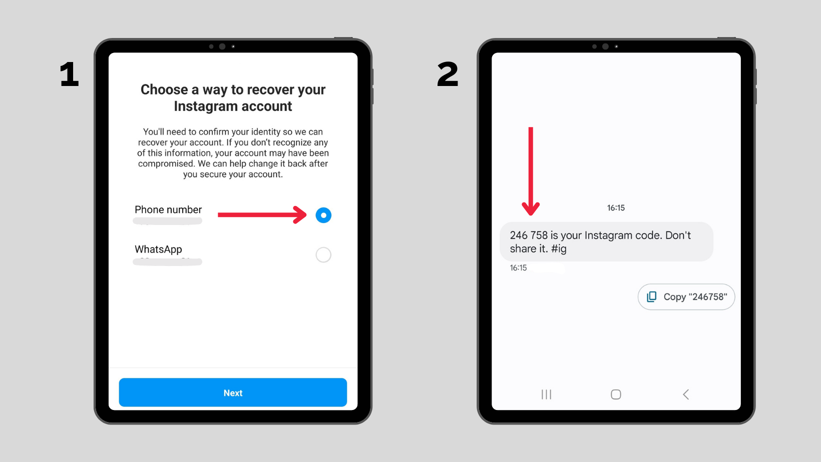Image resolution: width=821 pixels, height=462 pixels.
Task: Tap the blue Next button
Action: [x=233, y=392]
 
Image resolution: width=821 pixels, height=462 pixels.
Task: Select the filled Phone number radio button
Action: [x=323, y=215]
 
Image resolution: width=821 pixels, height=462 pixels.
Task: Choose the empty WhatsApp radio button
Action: [x=323, y=255]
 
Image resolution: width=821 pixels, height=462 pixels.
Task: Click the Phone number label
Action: [x=168, y=210]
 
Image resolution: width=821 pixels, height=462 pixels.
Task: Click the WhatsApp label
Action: [x=158, y=249]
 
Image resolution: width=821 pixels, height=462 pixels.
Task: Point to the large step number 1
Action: [x=70, y=75]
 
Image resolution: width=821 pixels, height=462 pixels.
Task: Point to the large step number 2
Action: [x=448, y=75]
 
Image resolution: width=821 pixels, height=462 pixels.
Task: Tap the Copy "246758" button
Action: [x=686, y=297]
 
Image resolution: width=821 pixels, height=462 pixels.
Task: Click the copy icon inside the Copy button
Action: [x=652, y=297]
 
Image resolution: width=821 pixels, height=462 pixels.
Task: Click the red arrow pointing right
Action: [x=261, y=215]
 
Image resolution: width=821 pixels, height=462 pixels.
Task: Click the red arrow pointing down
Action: [x=531, y=170]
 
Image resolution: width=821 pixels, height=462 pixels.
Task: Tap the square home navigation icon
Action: [x=616, y=394]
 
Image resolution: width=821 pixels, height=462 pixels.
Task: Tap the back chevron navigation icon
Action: [x=686, y=394]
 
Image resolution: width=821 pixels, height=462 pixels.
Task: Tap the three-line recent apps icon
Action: [x=546, y=394]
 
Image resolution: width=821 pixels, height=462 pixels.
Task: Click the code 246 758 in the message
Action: [x=529, y=235]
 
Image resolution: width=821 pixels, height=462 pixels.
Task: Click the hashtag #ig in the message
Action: [x=559, y=249]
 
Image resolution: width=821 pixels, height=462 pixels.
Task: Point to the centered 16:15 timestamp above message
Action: [x=616, y=208]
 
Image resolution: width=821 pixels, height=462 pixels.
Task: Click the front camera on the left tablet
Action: [x=222, y=46]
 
